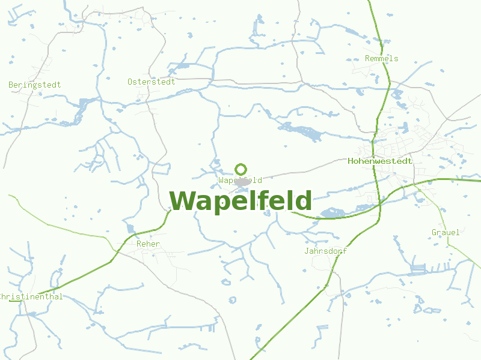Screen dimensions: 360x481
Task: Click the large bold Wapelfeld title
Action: point(240,201)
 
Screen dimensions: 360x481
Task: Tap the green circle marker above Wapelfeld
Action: point(240,169)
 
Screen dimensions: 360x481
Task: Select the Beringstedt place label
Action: point(34,85)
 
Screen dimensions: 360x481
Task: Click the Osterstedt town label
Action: point(151,82)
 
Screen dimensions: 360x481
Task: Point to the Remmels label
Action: point(381,59)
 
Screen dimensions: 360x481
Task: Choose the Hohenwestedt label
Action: point(380,161)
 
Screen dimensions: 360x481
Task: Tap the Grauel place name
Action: point(445,232)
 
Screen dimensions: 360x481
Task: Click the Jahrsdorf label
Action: point(325,251)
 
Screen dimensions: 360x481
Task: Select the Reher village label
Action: point(148,244)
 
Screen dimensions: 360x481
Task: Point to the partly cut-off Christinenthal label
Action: point(31,297)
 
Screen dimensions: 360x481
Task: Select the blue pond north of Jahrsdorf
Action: point(332,212)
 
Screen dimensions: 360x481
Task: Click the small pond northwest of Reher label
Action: point(130,228)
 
